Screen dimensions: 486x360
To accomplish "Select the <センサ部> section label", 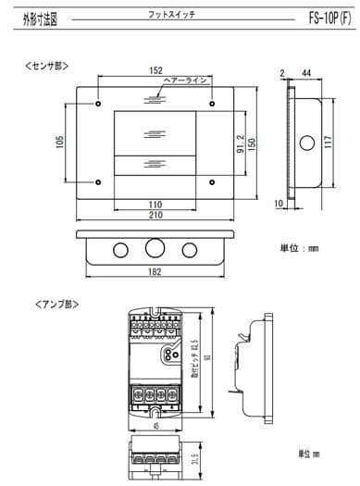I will [x=45, y=66].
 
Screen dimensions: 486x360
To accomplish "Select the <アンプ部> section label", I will [x=43, y=304].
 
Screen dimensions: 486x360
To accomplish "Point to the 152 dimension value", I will [x=155, y=72].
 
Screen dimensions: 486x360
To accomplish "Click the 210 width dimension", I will [x=155, y=215].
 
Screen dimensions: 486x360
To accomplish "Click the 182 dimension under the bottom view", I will [x=155, y=272].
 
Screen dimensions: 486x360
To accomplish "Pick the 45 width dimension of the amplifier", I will [x=155, y=427].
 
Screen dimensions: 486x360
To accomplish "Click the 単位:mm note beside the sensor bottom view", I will [x=300, y=247].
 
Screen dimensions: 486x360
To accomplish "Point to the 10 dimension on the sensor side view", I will [x=278, y=201].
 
